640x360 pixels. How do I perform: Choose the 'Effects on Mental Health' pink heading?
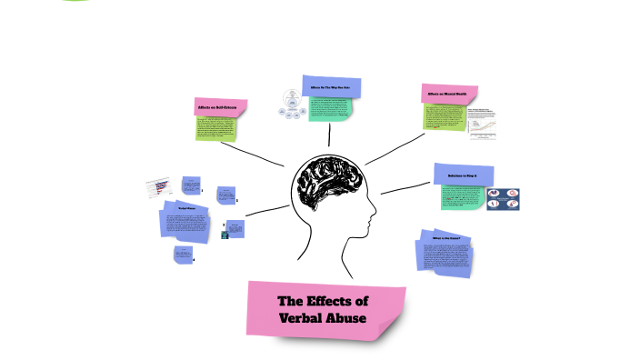[x=445, y=94]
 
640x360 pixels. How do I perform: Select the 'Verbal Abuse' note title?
[x=187, y=209]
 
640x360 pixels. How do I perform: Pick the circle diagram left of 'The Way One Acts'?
[x=292, y=105]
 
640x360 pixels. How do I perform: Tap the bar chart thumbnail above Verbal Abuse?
[x=159, y=187]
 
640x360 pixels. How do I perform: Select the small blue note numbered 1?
[x=190, y=185]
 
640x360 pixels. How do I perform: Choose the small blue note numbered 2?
[x=225, y=195]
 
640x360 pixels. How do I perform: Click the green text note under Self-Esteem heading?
[x=216, y=127]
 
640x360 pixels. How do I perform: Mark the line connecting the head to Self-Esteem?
[x=260, y=154]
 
